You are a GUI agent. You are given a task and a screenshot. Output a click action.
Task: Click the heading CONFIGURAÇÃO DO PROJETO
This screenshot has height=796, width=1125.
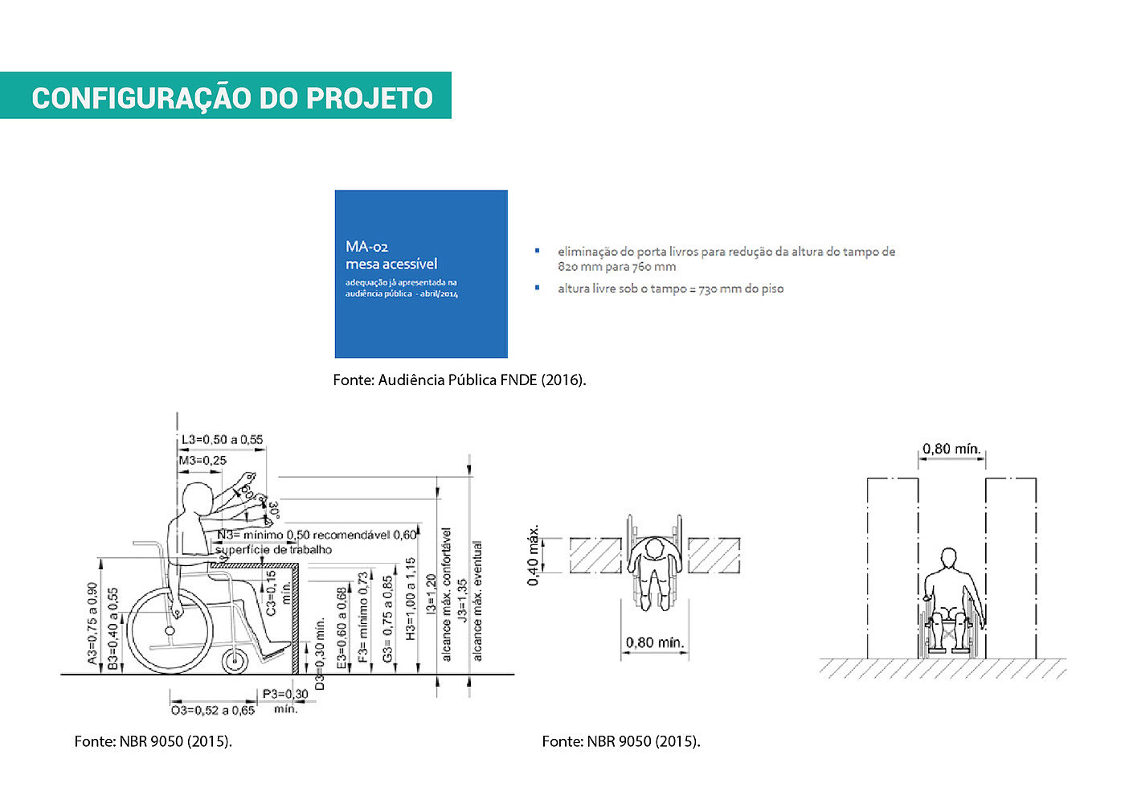pyautogui.click(x=232, y=97)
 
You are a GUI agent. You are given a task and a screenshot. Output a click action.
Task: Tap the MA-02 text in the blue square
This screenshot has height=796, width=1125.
pyautogui.click(x=366, y=247)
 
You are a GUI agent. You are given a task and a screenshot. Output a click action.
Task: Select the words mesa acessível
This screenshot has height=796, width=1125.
pyautogui.click(x=391, y=264)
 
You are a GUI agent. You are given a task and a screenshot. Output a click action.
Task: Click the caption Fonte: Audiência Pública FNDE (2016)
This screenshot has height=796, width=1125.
pyautogui.click(x=460, y=380)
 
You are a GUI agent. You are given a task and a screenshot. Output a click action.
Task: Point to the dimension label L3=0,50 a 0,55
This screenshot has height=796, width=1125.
pyautogui.click(x=222, y=440)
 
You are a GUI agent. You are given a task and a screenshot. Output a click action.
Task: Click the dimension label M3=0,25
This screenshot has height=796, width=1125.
pyautogui.click(x=202, y=461)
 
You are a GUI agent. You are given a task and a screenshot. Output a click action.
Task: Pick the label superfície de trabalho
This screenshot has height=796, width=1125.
pyautogui.click(x=273, y=550)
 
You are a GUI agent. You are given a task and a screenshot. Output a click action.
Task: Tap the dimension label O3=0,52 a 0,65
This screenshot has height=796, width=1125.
pyautogui.click(x=213, y=710)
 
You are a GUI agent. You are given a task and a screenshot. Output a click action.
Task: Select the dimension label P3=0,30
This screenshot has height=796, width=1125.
pyautogui.click(x=285, y=694)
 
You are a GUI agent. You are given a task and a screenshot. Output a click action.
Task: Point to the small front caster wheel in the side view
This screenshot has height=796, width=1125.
pyautogui.click(x=235, y=662)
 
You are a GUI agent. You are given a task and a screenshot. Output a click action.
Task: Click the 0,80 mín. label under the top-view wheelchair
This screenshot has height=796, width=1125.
pyautogui.click(x=655, y=642)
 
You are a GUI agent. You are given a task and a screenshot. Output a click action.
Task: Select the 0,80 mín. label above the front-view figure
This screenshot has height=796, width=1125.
pyautogui.click(x=951, y=449)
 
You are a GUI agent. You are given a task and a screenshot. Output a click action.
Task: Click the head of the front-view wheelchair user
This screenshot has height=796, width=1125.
pyautogui.click(x=950, y=558)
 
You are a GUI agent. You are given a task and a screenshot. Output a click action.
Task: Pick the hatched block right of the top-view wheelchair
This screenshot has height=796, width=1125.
pyautogui.click(x=714, y=556)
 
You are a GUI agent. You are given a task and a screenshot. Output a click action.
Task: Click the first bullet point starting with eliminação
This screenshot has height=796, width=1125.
pyautogui.click(x=726, y=259)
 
